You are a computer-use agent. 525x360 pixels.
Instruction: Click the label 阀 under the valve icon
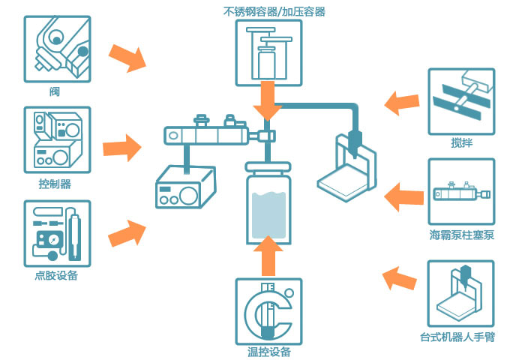pyautogui.click(x=55, y=91)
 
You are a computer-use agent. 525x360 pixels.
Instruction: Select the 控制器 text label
pyautogui.click(x=55, y=184)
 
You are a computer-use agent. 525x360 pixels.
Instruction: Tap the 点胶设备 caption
pyautogui.click(x=56, y=275)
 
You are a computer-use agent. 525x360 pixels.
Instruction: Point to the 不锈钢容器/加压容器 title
pyautogui.click(x=274, y=12)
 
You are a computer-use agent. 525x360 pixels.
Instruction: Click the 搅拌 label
pyautogui.click(x=462, y=143)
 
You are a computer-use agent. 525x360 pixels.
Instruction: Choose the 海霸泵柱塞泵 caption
pyautogui.click(x=462, y=235)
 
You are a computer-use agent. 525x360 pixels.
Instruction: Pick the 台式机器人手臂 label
pyautogui.click(x=457, y=337)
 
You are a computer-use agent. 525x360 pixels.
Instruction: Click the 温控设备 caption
pyautogui.click(x=268, y=352)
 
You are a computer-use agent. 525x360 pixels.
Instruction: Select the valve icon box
pyautogui.click(x=57, y=49)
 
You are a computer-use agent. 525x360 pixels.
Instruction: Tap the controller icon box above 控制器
pyautogui.click(x=57, y=140)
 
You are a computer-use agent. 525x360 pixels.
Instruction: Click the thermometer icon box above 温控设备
pyautogui.click(x=268, y=312)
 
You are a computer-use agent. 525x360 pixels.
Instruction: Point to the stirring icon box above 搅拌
pyautogui.click(x=461, y=102)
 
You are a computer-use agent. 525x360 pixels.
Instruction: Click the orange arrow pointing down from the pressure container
pyautogui.click(x=268, y=100)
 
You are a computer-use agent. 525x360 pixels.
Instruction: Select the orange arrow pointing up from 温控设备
pyautogui.click(x=268, y=256)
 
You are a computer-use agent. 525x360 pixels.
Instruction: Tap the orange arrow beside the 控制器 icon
pyautogui.click(x=121, y=148)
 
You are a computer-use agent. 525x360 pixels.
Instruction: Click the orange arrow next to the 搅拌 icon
pyautogui.click(x=402, y=103)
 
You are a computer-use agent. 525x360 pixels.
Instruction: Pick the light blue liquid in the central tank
pyautogui.click(x=268, y=215)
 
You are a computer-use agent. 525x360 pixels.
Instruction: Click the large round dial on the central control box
pyautogui.click(x=188, y=196)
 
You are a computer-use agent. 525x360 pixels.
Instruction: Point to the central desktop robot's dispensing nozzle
pyautogui.click(x=355, y=145)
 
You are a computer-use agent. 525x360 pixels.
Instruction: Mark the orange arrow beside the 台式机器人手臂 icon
pyautogui.click(x=399, y=278)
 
